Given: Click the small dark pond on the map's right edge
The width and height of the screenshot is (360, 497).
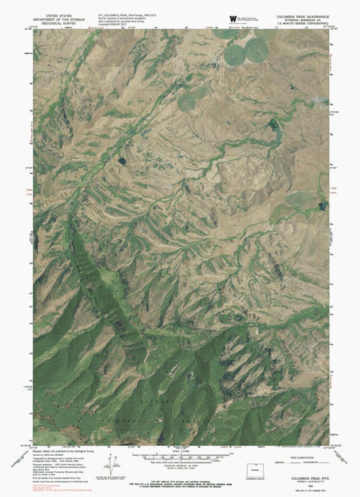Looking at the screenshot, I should click(x=323, y=205).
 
